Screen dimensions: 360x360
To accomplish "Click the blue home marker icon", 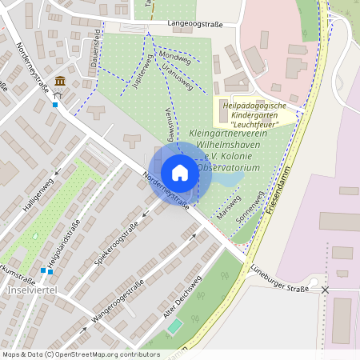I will (180, 173).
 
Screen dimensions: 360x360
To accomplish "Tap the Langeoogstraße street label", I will (194, 25).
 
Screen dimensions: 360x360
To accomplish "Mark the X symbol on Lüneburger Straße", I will (325, 290).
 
